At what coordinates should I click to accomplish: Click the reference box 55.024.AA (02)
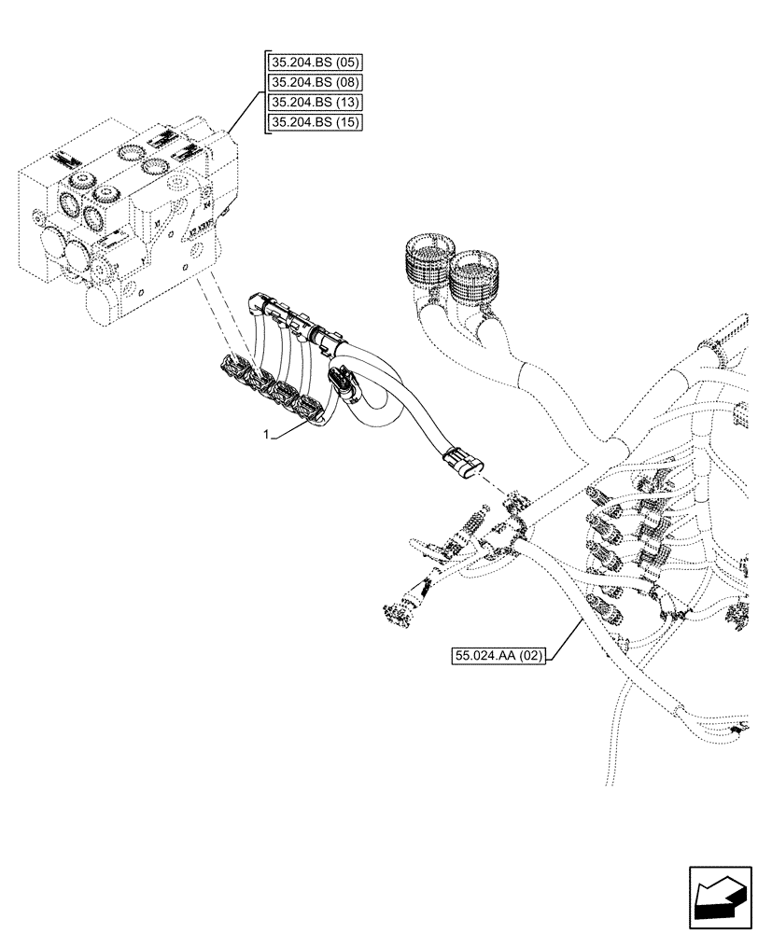tap(499, 657)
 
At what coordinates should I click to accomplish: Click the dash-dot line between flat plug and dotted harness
tap(494, 487)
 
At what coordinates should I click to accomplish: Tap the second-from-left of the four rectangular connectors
tap(258, 383)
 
